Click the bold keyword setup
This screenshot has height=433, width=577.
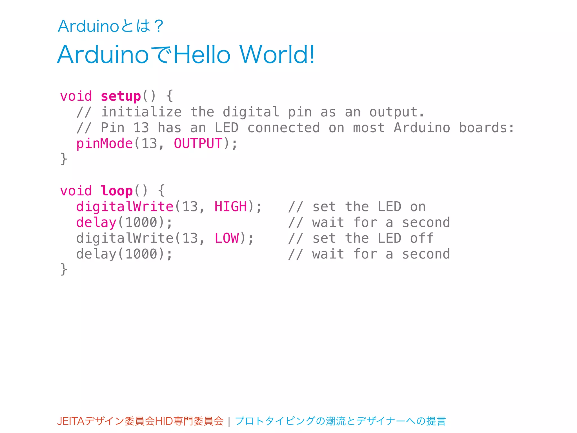pyautogui.click(x=121, y=96)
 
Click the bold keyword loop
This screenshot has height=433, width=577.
pyautogui.click(x=116, y=191)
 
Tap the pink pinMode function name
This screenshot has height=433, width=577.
pyautogui.click(x=104, y=143)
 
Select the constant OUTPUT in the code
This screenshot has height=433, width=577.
pyautogui.click(x=198, y=143)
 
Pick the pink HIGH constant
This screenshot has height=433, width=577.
pyautogui.click(x=230, y=207)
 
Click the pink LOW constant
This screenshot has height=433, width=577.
pyautogui.click(x=227, y=238)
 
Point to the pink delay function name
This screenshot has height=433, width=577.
pyautogui.click(x=96, y=222)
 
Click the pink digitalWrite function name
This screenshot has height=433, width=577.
pyautogui.click(x=125, y=207)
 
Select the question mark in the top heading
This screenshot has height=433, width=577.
pyautogui.click(x=159, y=26)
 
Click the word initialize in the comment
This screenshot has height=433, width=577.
pyautogui.click(x=141, y=112)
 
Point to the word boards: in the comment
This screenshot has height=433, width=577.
pyautogui.click(x=487, y=128)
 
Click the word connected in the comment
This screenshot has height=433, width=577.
pyautogui.click(x=283, y=128)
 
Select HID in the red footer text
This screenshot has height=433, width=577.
pyautogui.click(x=164, y=421)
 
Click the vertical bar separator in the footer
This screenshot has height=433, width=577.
pyautogui.click(x=229, y=422)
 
